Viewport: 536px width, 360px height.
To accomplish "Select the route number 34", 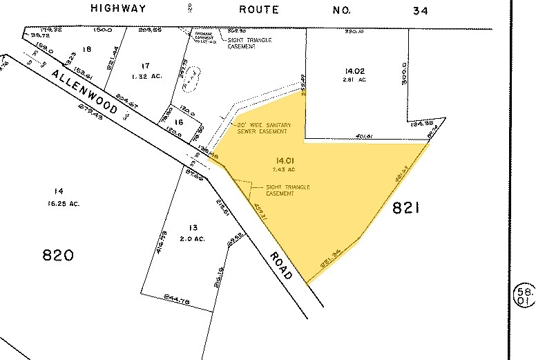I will (x=420, y=10).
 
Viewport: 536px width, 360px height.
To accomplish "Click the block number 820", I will (x=58, y=256).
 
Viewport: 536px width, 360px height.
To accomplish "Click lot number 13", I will (x=192, y=227).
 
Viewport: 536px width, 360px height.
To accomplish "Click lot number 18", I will (x=86, y=49).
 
